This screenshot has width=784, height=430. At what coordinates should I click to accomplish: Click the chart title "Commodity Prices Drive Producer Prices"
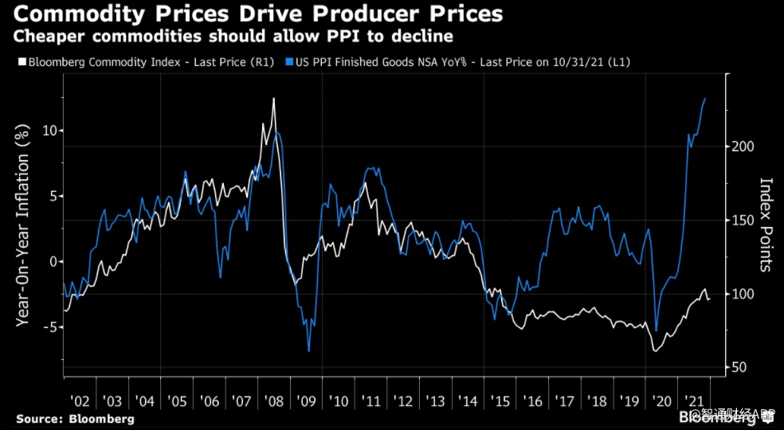(253, 14)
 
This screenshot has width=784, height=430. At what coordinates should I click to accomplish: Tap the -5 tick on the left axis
(45, 326)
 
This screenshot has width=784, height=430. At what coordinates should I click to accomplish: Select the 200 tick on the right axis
(741, 147)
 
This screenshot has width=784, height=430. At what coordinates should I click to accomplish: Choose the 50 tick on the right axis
(738, 367)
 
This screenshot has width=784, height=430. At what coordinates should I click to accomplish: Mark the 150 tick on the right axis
(741, 221)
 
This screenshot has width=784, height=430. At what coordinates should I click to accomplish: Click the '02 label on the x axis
(80, 401)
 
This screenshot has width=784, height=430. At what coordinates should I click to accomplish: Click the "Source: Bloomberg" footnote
(75, 419)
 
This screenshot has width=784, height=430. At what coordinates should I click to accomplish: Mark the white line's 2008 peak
(274, 98)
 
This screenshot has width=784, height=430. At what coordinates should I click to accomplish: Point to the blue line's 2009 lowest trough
(308, 351)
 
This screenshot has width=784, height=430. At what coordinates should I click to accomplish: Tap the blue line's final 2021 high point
(705, 99)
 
